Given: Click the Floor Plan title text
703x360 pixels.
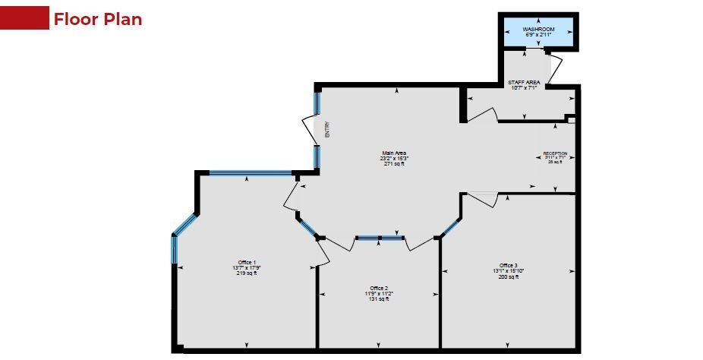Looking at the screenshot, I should pyautogui.click(x=97, y=19).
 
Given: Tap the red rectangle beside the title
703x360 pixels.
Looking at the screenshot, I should pyautogui.click(x=25, y=19).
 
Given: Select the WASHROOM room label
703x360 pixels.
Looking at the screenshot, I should pyautogui.click(x=538, y=29).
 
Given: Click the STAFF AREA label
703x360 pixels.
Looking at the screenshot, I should pyautogui.click(x=524, y=81).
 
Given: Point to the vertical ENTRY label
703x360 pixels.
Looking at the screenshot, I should pyautogui.click(x=327, y=129).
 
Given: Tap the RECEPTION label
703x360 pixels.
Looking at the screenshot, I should pyautogui.click(x=555, y=153).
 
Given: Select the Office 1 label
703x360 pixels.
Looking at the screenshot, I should pyautogui.click(x=246, y=263).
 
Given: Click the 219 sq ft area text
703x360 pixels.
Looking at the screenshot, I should pyautogui.click(x=246, y=273).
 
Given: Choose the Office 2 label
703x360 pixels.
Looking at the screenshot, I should pyautogui.click(x=377, y=289).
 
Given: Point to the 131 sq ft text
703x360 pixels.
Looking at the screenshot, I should pyautogui.click(x=377, y=299).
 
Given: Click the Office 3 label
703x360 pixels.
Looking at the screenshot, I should pyautogui.click(x=507, y=265).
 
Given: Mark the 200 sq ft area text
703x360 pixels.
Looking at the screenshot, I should pyautogui.click(x=507, y=276).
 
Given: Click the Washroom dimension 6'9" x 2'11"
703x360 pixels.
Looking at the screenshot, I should pyautogui.click(x=538, y=35).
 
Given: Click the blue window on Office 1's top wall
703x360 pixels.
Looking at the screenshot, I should pyautogui.click(x=251, y=173).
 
